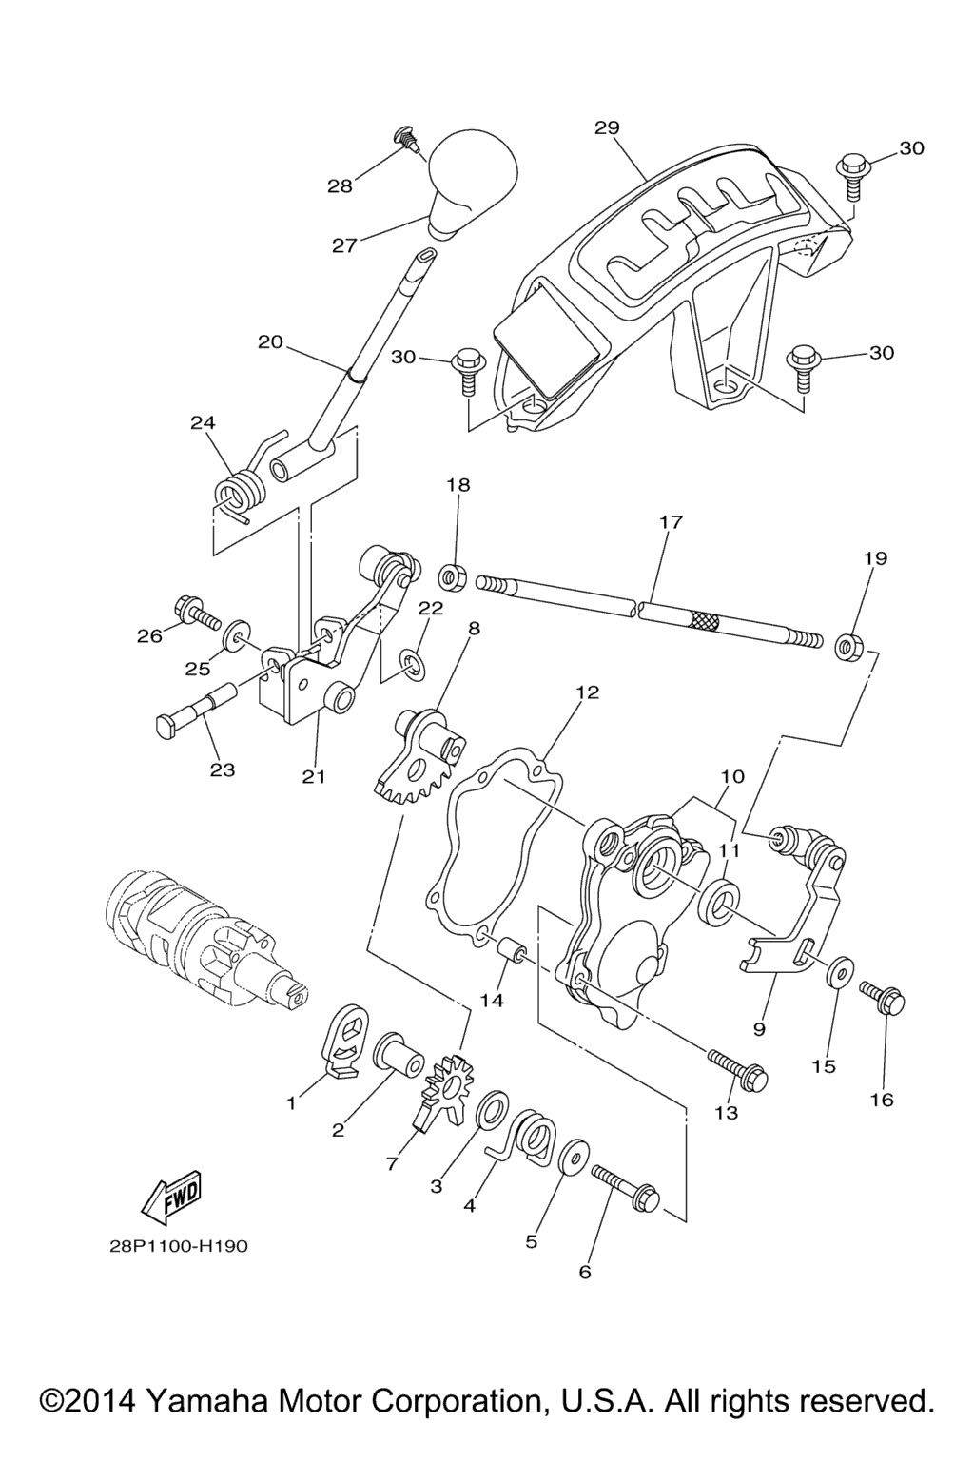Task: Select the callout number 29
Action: (x=607, y=127)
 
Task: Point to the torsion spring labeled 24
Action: (x=238, y=492)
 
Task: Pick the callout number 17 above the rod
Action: (x=671, y=522)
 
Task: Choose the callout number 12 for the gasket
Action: (x=587, y=692)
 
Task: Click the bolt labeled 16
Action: (x=883, y=999)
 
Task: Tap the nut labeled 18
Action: (x=452, y=576)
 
